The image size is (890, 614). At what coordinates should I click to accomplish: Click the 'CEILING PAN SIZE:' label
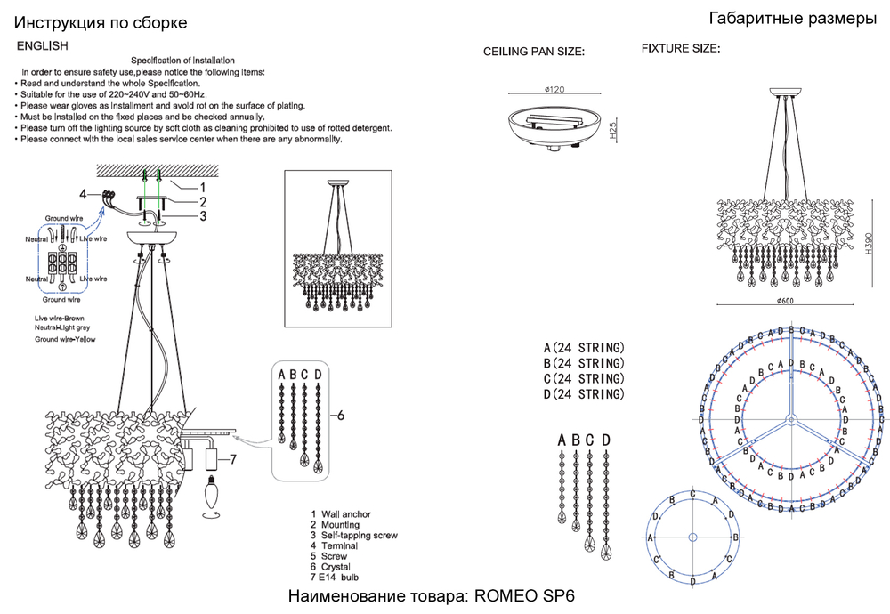point(533,53)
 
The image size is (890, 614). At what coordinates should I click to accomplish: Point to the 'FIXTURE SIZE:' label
point(681,49)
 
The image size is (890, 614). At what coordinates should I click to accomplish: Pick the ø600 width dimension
point(785,302)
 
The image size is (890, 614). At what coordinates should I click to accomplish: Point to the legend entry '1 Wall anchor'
point(341,514)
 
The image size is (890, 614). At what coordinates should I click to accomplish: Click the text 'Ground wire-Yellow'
point(65,340)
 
